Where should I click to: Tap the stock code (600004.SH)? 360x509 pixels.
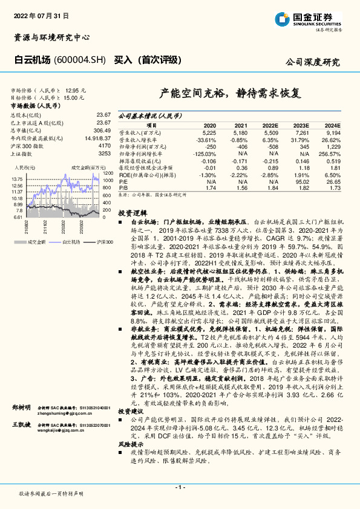pos(81,60)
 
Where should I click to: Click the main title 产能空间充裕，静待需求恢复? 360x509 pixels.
pos(229,94)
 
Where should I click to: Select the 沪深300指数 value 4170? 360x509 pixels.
pos(104,146)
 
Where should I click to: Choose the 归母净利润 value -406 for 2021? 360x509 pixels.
pos(241,146)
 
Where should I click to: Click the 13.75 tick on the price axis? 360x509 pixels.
pos(17,180)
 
